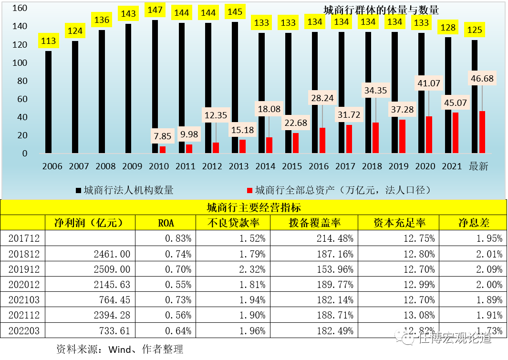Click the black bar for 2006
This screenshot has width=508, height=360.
point(49,102)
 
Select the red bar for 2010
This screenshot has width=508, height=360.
point(163,150)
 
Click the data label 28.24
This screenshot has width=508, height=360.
point(322,98)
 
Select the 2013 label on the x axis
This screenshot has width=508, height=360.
point(239,166)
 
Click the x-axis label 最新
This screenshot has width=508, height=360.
point(478,166)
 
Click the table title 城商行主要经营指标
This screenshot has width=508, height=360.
point(253,207)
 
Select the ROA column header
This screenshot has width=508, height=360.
point(166,223)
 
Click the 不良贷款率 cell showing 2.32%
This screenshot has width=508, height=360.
point(253,269)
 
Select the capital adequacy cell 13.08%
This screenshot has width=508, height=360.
point(420,315)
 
